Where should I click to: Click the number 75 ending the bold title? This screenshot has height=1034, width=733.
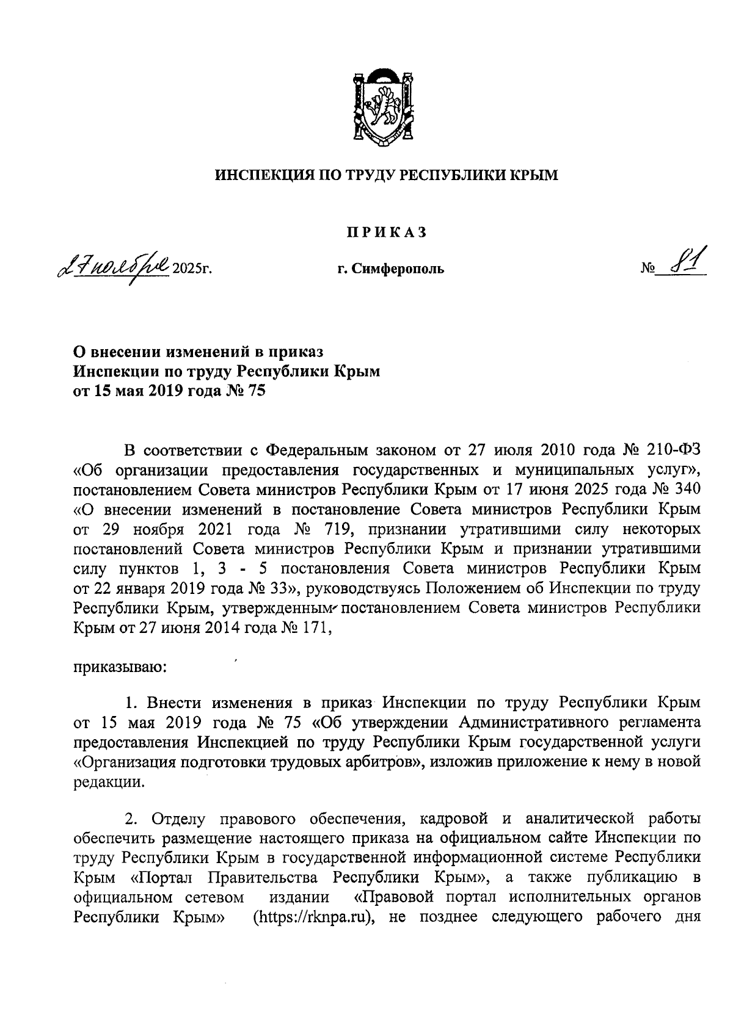coord(257,391)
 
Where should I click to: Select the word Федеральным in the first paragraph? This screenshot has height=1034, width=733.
coord(317,451)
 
